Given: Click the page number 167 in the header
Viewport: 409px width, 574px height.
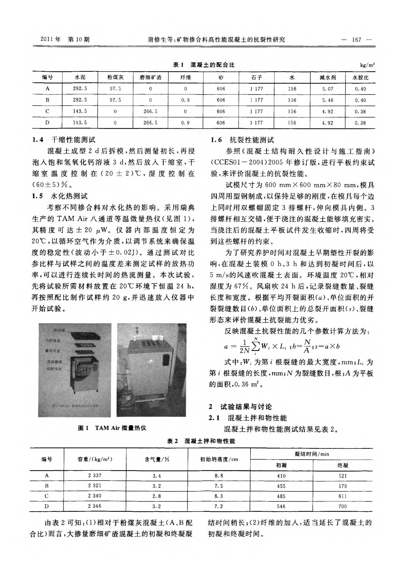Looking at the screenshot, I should pos(357,40).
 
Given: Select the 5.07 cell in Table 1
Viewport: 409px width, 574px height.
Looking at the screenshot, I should pos(328,89).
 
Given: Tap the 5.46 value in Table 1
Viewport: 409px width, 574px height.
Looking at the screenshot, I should pos(328,100).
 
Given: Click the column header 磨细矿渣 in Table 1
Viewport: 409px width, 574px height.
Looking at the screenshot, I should pos(151,77).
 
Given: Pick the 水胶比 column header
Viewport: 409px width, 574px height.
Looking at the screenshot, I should pos(360,77).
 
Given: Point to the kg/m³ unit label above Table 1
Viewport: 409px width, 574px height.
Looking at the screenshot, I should pos(367,65).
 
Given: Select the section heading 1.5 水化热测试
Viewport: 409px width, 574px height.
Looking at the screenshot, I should pos(60,196).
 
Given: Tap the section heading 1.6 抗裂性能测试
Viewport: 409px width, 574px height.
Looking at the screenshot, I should pos(242,140).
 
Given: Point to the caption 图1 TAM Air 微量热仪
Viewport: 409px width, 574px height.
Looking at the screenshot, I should pos(112,428).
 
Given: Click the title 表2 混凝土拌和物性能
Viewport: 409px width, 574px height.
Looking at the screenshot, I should pos(201,441).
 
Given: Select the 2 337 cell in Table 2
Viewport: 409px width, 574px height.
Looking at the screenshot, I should pos(95,475).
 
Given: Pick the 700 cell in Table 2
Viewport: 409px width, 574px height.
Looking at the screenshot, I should pos(343,506).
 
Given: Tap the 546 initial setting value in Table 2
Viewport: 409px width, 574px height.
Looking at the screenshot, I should pos(281,506).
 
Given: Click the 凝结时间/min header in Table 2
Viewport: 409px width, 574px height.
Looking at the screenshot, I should pos(312,454).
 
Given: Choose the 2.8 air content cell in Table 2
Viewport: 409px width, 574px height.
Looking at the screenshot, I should pos(156,496).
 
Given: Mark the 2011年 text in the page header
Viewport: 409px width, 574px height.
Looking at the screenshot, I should pos(51,40).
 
